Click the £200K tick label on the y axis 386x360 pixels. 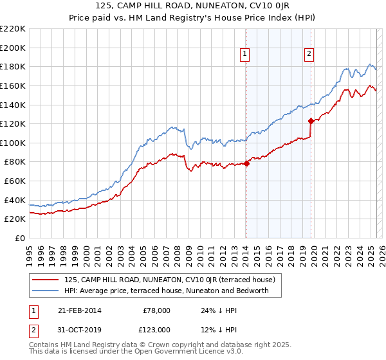tap(14, 48)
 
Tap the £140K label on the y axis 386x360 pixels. tap(14, 105)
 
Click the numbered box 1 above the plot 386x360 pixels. tap(246, 54)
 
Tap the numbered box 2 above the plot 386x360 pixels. tap(309, 54)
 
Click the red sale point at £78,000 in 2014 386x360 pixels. tap(246, 163)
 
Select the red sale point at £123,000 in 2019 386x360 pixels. tap(311, 120)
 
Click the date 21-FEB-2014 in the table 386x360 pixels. tap(79, 310)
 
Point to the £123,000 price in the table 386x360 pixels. tap(156, 330)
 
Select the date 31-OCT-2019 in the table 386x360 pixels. tap(79, 330)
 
